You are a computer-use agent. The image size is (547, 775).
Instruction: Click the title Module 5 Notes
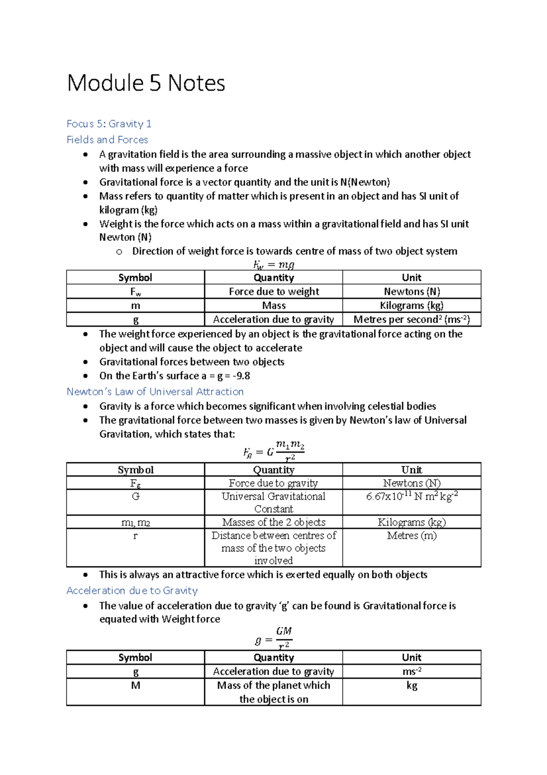click(146, 84)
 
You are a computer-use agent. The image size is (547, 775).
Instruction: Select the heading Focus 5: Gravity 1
click(109, 124)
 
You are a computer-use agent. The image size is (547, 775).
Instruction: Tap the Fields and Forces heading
click(107, 140)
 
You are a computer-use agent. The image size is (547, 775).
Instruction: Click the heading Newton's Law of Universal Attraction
click(155, 392)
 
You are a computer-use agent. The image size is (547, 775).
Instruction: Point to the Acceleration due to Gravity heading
click(132, 591)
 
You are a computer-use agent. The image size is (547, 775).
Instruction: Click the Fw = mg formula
click(273, 264)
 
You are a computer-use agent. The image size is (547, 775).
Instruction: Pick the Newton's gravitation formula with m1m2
click(273, 450)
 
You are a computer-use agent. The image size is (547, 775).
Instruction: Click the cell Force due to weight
click(273, 292)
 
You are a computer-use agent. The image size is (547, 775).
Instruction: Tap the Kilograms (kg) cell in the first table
click(412, 305)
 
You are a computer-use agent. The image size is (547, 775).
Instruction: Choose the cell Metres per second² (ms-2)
click(412, 319)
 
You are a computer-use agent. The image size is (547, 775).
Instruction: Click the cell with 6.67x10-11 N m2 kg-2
click(412, 497)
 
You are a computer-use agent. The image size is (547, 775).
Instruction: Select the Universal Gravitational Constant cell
click(273, 503)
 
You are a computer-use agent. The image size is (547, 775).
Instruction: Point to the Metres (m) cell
click(412, 536)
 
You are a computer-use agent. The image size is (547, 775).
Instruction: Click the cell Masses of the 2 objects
click(273, 522)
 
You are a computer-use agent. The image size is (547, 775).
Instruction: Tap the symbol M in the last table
click(135, 686)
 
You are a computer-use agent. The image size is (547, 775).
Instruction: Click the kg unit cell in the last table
click(412, 686)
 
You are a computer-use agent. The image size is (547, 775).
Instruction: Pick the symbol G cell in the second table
click(135, 497)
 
